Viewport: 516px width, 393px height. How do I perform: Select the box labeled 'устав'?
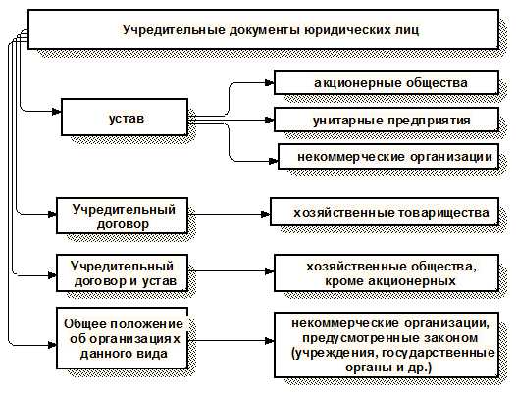click(x=126, y=119)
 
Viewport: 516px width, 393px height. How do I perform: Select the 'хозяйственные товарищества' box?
click(x=389, y=212)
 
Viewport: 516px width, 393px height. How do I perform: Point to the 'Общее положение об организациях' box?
click(x=124, y=338)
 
